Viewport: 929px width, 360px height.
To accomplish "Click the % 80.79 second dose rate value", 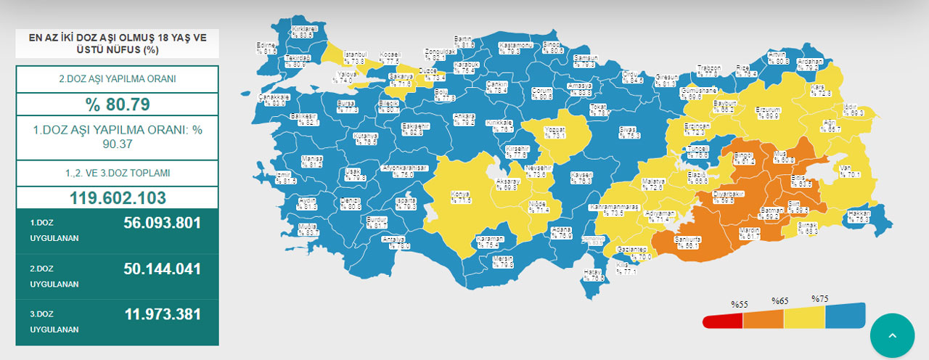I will (117, 104).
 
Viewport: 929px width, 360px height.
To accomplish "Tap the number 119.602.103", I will (117, 197).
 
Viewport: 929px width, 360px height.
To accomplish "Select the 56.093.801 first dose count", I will (162, 224).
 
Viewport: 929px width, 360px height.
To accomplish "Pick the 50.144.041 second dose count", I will (162, 269).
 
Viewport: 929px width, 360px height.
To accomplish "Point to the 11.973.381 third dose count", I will (162, 314).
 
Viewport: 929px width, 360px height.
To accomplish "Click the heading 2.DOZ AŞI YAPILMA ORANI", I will (117, 79).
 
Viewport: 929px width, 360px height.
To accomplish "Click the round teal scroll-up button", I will (892, 336).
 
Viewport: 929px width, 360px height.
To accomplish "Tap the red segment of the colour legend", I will (722, 320).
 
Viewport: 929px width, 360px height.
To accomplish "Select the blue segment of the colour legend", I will (846, 315).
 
